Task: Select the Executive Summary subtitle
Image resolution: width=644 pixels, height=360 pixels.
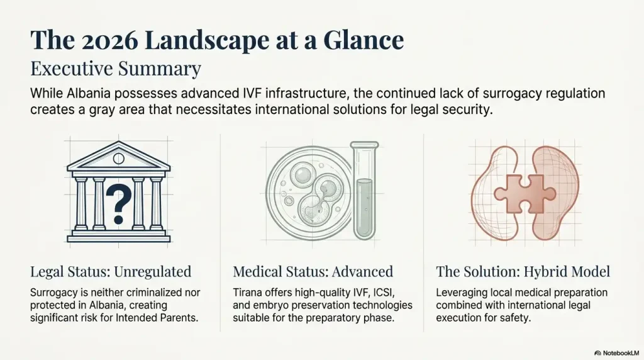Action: [x=116, y=69]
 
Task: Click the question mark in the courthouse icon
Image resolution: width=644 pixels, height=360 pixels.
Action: [x=119, y=203]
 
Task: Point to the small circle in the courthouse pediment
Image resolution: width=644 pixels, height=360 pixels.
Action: [x=119, y=158]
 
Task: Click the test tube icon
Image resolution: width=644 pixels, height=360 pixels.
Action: [x=364, y=190]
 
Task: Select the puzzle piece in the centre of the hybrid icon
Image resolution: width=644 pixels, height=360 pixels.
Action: [x=525, y=194]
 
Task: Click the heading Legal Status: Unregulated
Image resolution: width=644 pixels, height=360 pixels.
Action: [x=111, y=272]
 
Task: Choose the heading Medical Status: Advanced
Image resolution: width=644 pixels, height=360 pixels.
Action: [x=313, y=272]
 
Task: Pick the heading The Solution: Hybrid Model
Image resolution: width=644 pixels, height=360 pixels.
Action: [x=523, y=272]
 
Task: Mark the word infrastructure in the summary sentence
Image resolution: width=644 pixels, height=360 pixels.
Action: [x=308, y=93]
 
